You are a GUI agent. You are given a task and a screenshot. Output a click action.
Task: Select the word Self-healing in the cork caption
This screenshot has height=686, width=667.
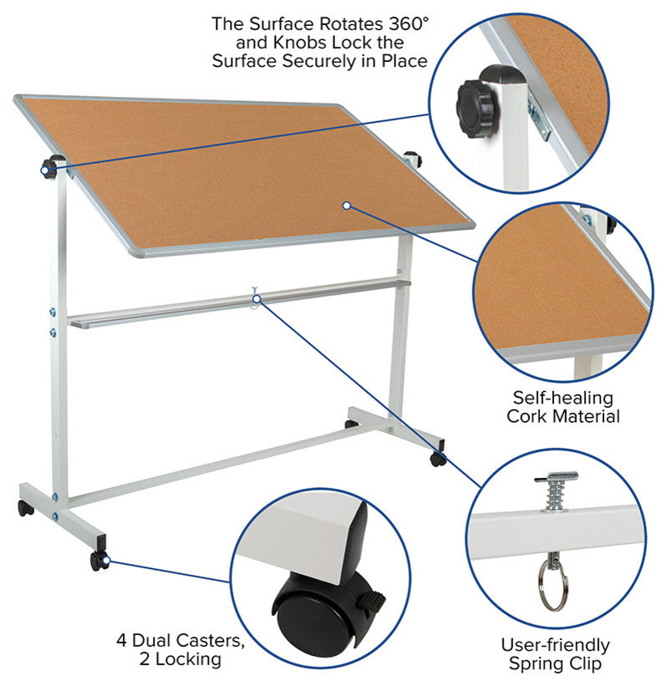point(563,398)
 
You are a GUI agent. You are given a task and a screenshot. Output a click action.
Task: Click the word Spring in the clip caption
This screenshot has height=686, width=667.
point(536,663)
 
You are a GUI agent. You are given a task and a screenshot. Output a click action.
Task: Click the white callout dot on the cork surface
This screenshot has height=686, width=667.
point(347,206)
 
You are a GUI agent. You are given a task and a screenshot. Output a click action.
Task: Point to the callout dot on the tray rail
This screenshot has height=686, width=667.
point(257,299)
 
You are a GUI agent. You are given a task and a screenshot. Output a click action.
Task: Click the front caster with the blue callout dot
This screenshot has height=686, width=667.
point(99,561)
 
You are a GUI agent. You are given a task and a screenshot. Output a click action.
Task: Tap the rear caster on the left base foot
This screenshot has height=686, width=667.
point(25,508)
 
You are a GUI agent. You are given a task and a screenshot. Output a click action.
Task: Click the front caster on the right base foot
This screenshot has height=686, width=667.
point(438,459)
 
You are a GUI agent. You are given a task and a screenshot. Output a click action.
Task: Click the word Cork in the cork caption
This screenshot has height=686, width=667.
point(527,416)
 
